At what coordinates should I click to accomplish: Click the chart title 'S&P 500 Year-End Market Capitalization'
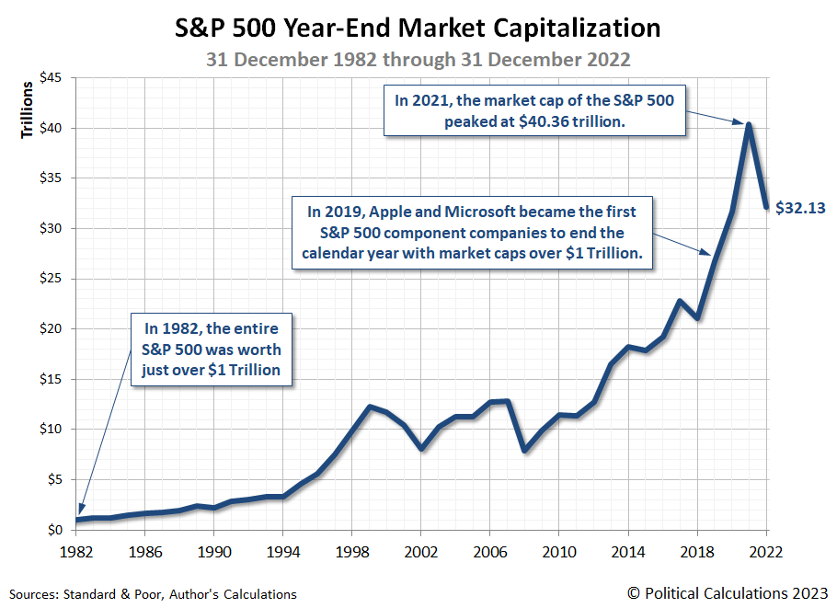418,29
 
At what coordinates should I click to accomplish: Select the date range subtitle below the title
418,59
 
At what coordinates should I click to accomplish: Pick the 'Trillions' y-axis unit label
27,110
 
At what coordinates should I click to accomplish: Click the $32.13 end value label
800,208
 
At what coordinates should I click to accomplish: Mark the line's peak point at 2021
750,124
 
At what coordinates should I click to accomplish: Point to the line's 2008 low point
524,451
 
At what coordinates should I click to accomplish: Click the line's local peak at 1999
369,407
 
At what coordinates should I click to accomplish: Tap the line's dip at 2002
420,449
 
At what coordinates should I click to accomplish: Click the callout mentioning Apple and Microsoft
472,232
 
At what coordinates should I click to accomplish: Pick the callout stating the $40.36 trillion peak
533,110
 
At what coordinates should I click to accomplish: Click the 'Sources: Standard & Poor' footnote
153,594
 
